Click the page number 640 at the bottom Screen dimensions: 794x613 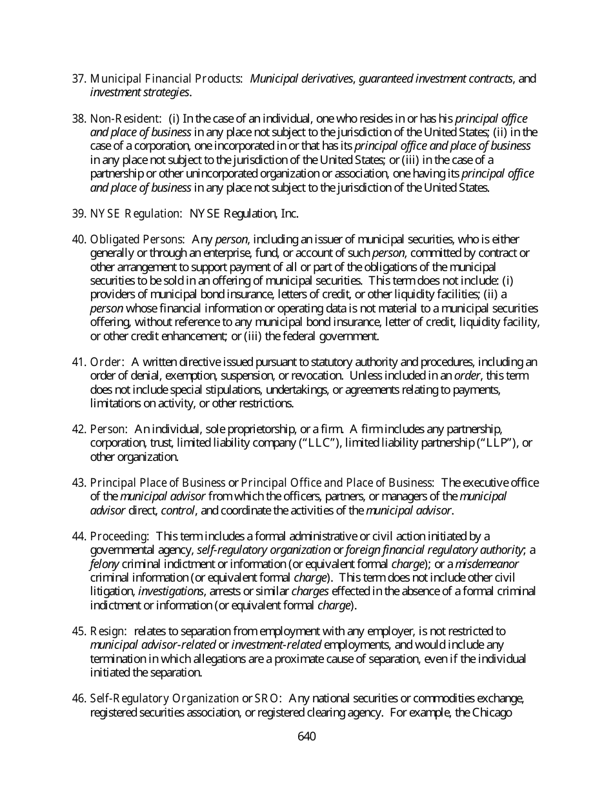[306, 737]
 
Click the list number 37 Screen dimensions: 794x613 [79, 79]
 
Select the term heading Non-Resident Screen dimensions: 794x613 [125, 119]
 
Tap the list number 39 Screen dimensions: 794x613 [79, 214]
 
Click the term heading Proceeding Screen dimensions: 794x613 [119, 536]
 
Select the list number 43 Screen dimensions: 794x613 [79, 483]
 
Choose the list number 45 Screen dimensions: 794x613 [79, 631]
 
